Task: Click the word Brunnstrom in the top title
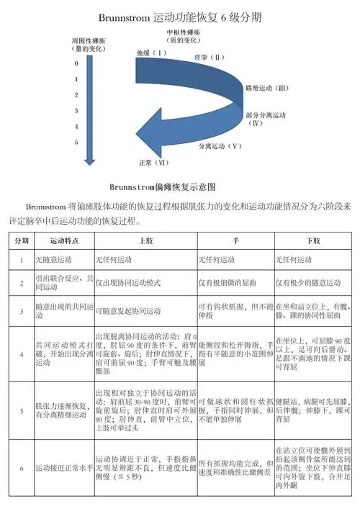coord(126,16)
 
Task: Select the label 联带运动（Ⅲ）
coord(266,88)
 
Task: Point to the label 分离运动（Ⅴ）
coord(221,145)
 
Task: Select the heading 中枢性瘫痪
coord(183,33)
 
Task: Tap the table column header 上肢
coord(143,239)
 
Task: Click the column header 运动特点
coord(63,239)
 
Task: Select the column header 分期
coord(22,239)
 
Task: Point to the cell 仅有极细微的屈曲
coord(229,283)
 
